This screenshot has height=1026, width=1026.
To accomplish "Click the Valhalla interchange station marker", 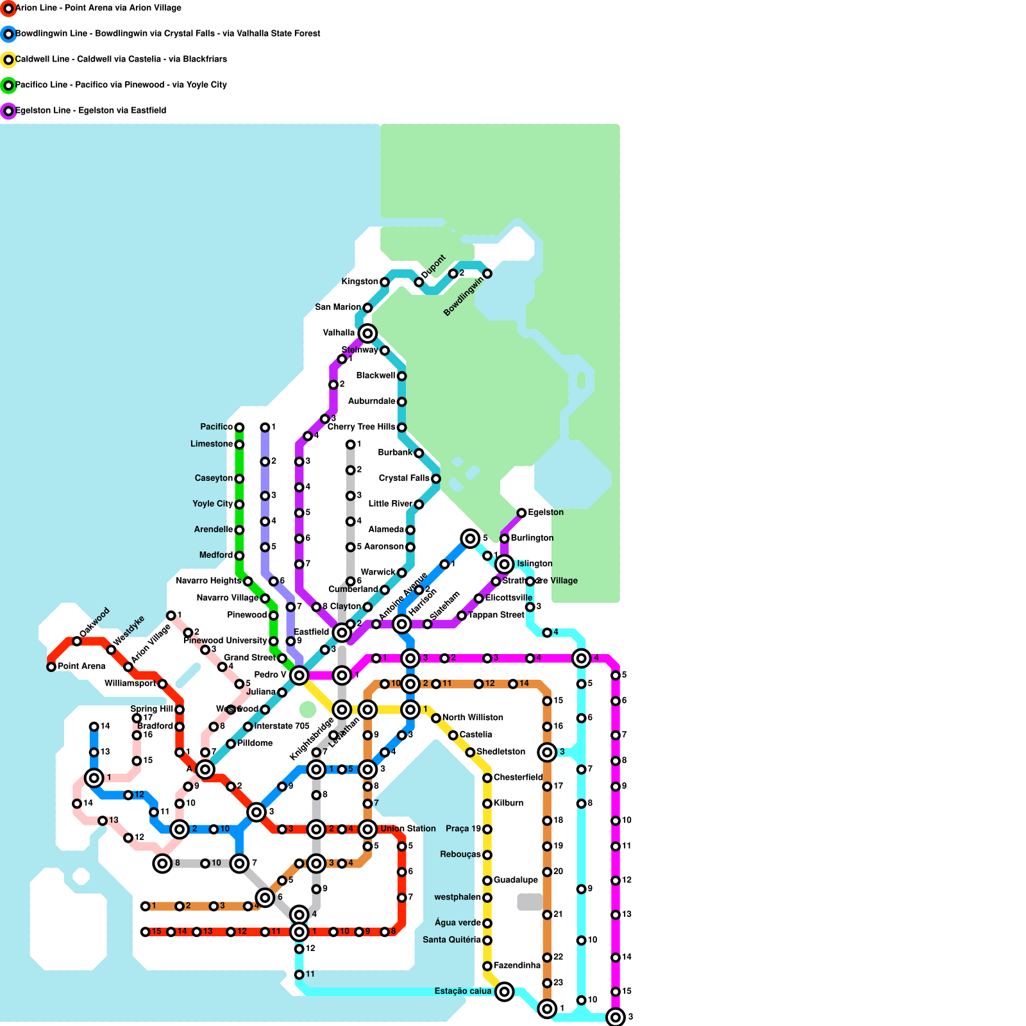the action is (x=367, y=333).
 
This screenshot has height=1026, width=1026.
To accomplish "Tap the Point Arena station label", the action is (x=81, y=667).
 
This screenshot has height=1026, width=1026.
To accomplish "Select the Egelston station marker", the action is (x=521, y=513).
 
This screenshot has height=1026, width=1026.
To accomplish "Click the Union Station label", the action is (x=408, y=829).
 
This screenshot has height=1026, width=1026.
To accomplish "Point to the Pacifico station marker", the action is (x=239, y=428).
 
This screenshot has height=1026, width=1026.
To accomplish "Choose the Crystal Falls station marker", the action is (x=436, y=479).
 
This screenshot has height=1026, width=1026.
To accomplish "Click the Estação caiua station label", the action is (x=463, y=991).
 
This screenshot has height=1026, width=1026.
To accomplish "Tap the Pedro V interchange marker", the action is (x=299, y=675).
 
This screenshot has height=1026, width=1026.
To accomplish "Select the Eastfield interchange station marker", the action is (x=342, y=633).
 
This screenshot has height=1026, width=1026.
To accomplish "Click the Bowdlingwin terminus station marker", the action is (x=487, y=274).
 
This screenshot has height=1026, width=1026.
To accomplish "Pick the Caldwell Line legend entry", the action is (x=121, y=60).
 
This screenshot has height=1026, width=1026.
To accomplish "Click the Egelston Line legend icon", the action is (x=8, y=111).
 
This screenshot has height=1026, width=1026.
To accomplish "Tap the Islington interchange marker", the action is (x=505, y=564).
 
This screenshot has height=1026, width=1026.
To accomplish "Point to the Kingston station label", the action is (x=360, y=282).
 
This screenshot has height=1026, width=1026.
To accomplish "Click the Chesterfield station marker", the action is (x=487, y=778).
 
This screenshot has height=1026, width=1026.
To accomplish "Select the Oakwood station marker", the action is (x=77, y=641).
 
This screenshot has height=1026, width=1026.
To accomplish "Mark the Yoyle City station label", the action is (x=212, y=504).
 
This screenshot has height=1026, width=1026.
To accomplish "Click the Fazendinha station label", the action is (x=517, y=966).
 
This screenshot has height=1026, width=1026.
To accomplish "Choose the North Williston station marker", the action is (x=436, y=718).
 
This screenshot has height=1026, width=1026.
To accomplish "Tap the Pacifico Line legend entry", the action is (x=121, y=85).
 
